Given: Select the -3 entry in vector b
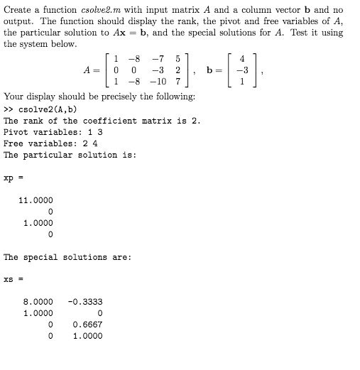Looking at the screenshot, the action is [239, 71].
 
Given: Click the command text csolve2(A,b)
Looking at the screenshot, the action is [48, 109].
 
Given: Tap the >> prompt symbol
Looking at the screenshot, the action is [9, 109].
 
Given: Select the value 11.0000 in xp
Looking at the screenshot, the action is [36, 200].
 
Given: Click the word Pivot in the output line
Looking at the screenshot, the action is [17, 132].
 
